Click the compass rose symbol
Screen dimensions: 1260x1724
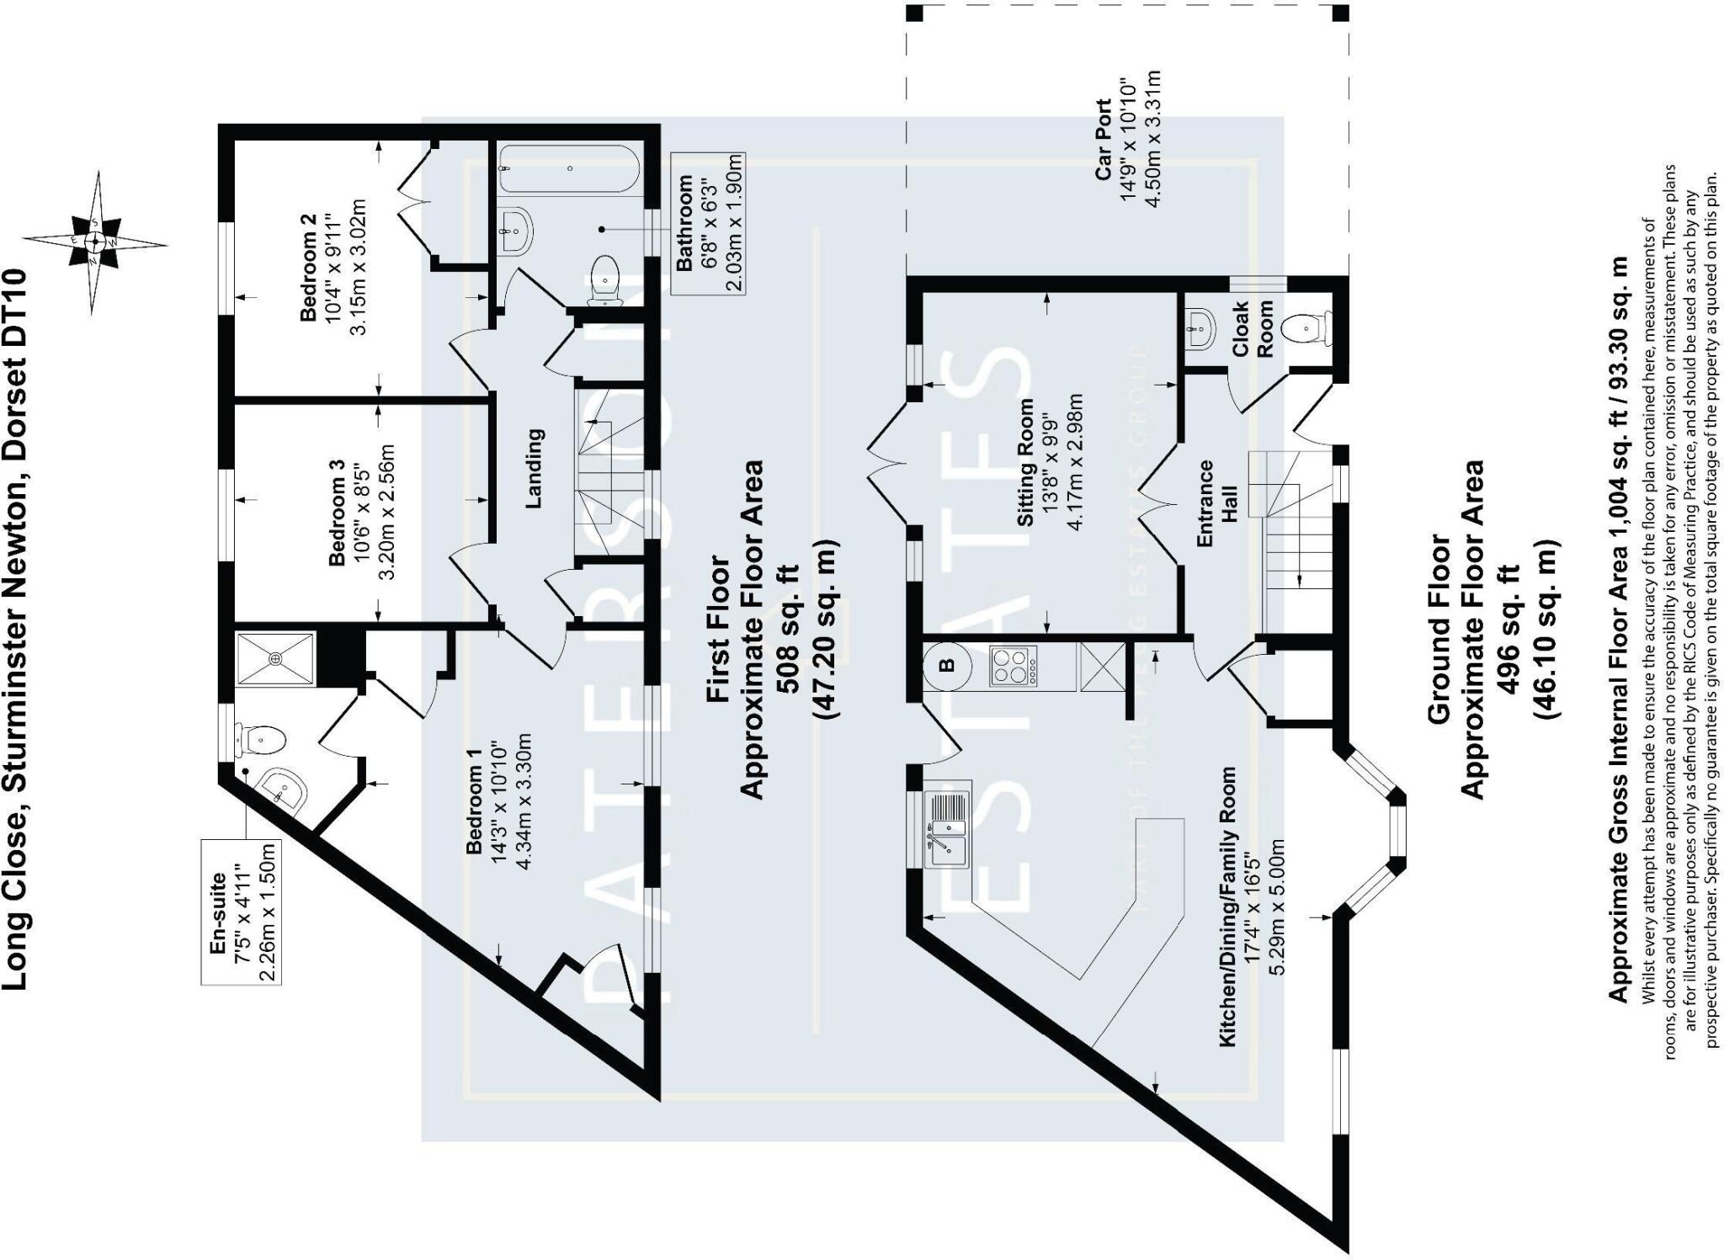[x=95, y=242]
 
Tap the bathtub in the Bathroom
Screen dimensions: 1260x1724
[x=569, y=169]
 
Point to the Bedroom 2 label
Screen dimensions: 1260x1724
[x=308, y=268]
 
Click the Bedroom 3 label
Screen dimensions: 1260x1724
[x=336, y=512]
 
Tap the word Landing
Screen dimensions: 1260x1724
[x=534, y=469]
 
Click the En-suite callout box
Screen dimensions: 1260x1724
[x=241, y=911]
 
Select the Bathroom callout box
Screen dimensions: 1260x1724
[x=708, y=223]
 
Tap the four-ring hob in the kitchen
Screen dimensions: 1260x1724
[x=1014, y=666]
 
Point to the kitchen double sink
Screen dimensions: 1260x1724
[x=947, y=829]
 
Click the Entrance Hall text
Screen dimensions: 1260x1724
[x=1216, y=503]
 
